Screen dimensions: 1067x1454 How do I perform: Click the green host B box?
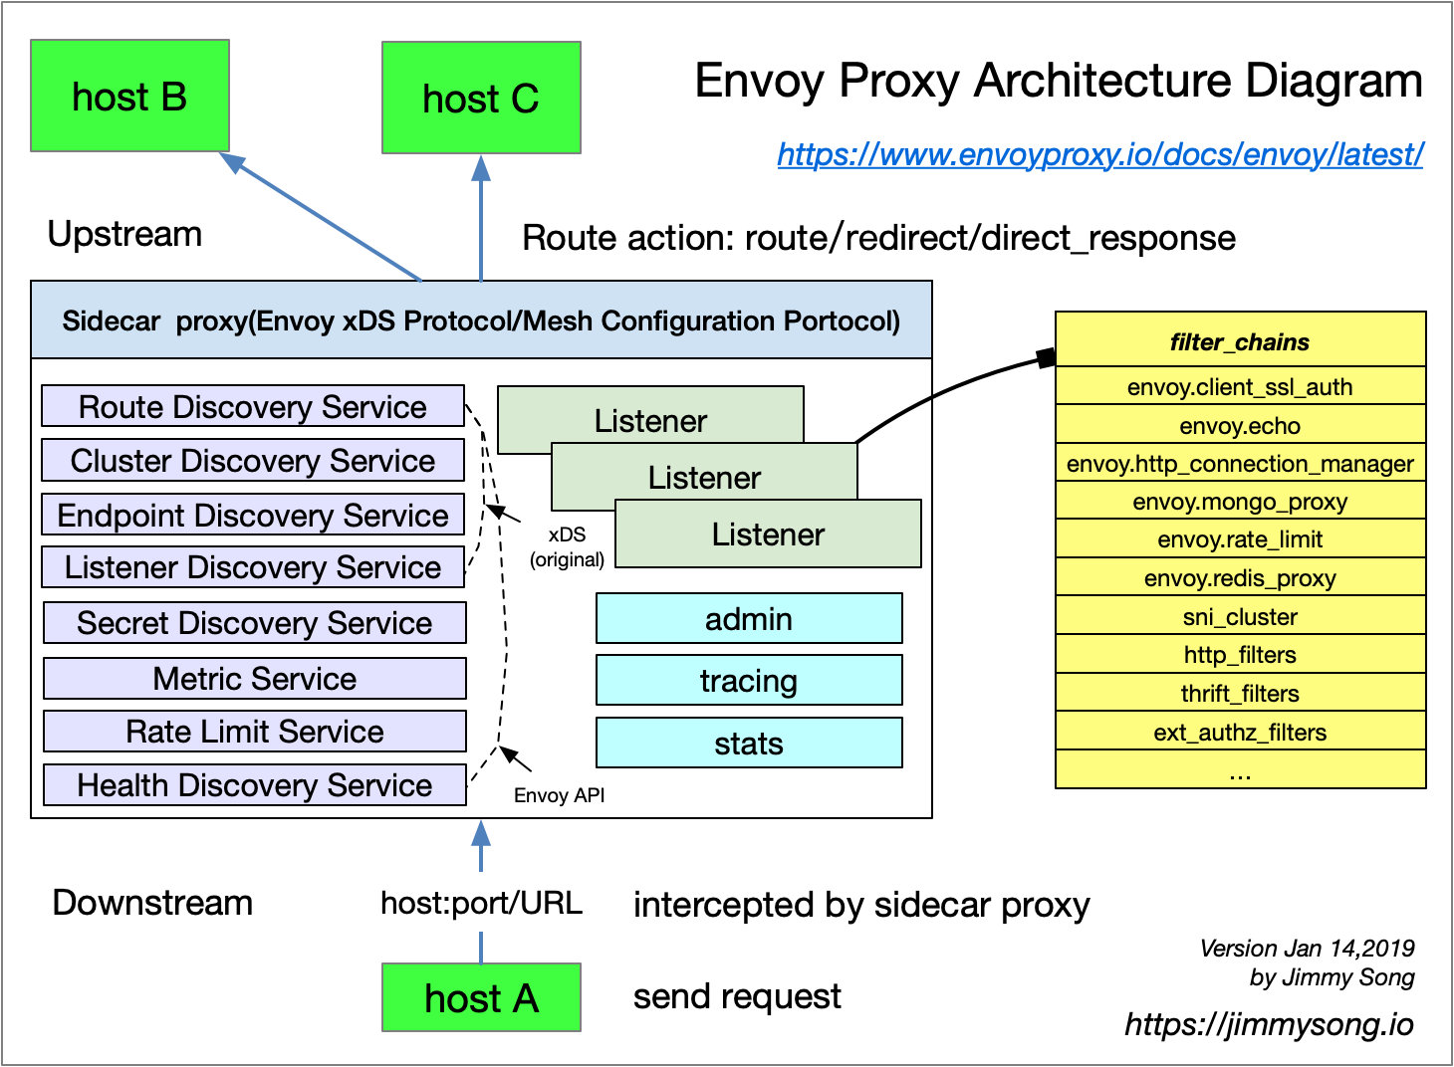coord(129,97)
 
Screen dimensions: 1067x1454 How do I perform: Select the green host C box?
coord(481,99)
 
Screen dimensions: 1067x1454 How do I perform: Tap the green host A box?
coord(481,997)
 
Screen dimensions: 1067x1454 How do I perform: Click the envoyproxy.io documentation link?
coord(1099,154)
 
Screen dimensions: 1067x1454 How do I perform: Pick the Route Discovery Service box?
coord(253,406)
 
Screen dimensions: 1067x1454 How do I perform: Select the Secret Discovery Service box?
coord(254,623)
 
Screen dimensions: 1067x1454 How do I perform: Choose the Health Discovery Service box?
coord(254,785)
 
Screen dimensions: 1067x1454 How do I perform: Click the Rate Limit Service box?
coord(254,732)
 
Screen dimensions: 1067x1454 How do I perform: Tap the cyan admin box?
coord(749,619)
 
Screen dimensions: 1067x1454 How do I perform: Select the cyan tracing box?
coord(749,681)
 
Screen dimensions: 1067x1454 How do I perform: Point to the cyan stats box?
coord(749,744)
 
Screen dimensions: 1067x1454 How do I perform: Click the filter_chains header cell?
coord(1240,341)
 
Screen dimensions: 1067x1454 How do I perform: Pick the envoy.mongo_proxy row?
coord(1240,502)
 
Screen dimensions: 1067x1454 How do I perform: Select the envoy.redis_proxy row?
coord(1240,578)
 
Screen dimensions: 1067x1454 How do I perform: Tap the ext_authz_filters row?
coord(1240,733)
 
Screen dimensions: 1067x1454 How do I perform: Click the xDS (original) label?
coord(567,547)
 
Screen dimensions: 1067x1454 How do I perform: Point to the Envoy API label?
coord(559,795)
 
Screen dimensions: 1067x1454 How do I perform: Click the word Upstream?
coord(124,234)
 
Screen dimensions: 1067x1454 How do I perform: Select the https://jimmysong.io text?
coord(1269,1024)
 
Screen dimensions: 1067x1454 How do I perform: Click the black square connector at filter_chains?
coord(1046,358)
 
